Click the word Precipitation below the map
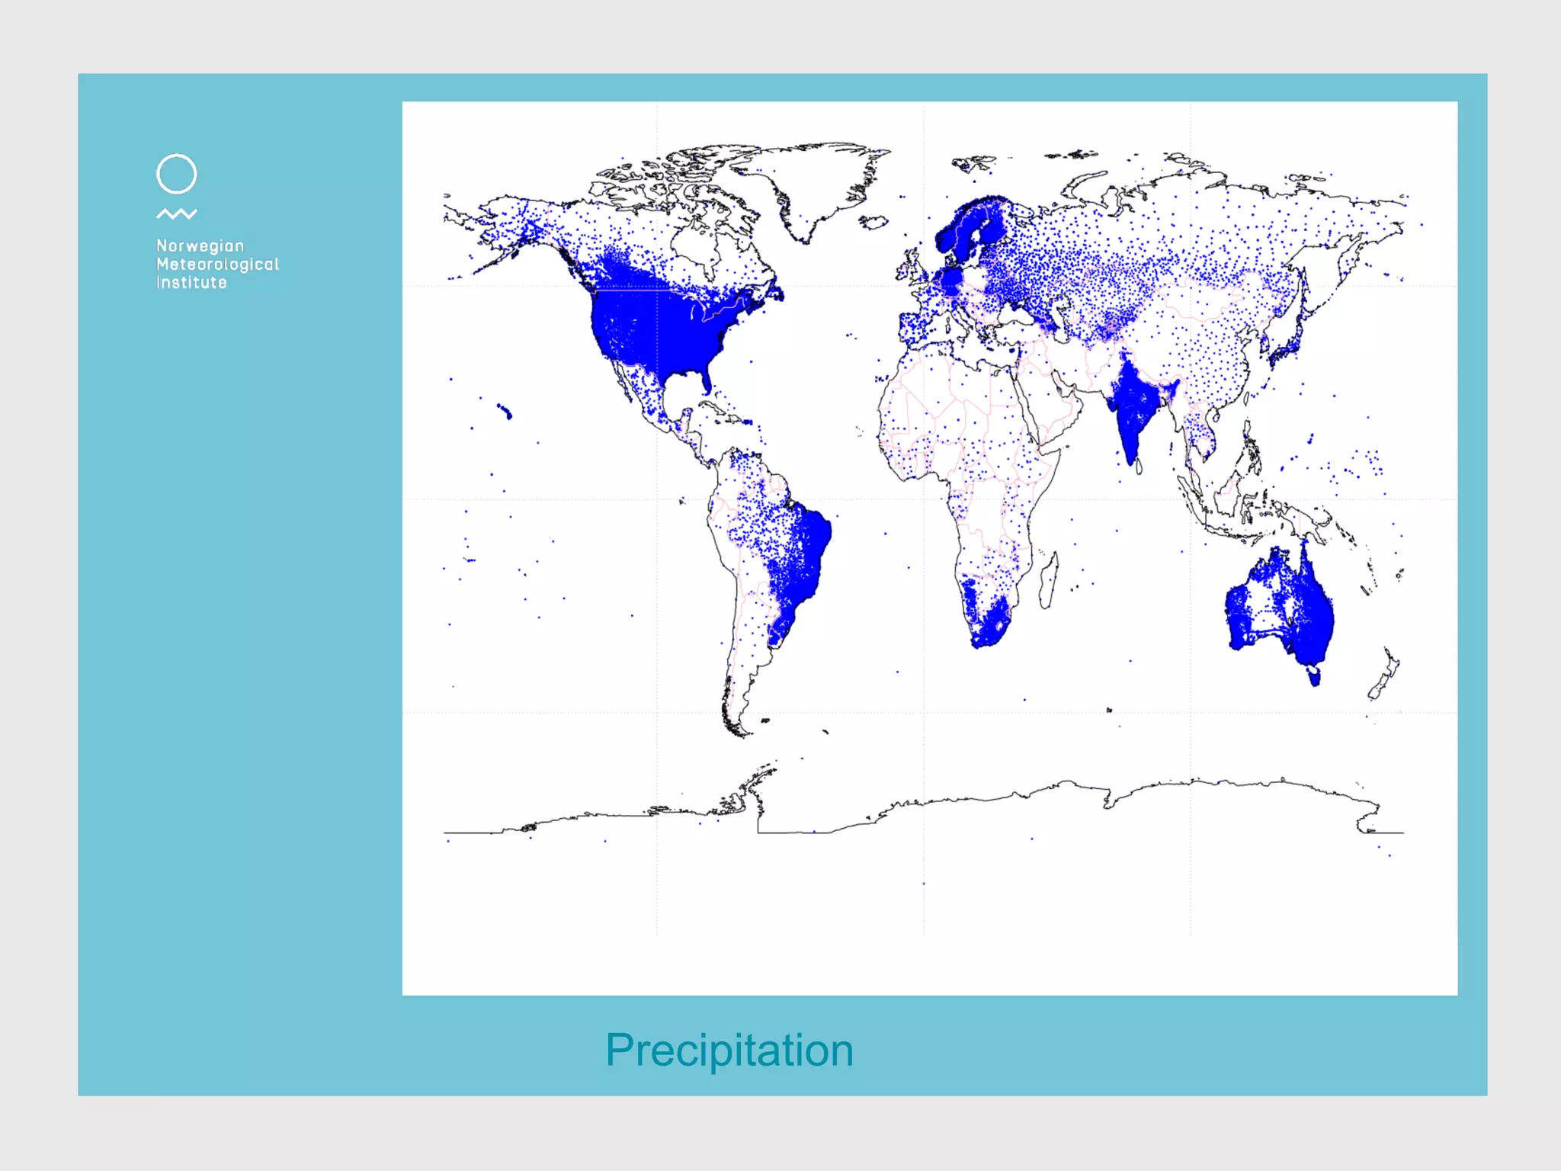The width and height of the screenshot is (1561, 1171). pyautogui.click(x=729, y=1050)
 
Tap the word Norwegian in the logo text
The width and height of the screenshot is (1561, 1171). pyautogui.click(x=200, y=245)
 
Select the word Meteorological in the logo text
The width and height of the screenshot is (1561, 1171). pyautogui.click(x=217, y=264)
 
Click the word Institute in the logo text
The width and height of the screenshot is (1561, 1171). pyautogui.click(x=191, y=282)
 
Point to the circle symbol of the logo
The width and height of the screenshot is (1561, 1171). pyautogui.click(x=176, y=174)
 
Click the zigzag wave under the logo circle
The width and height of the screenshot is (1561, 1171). pyautogui.click(x=176, y=214)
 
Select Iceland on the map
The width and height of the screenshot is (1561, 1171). pyautogui.click(x=873, y=222)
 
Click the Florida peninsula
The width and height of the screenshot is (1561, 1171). pyautogui.click(x=706, y=379)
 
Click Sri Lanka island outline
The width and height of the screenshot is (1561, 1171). pyautogui.click(x=1139, y=466)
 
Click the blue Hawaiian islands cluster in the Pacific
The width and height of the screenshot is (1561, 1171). pyautogui.click(x=505, y=412)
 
